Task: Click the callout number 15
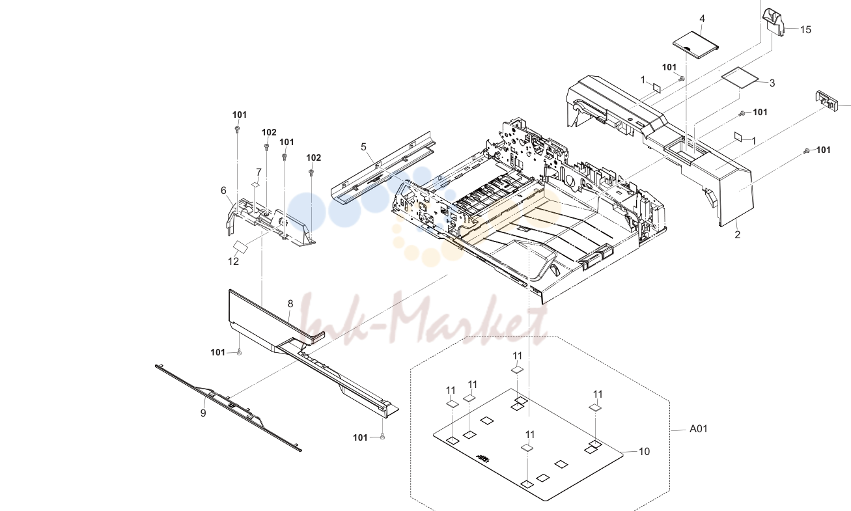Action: click(x=805, y=30)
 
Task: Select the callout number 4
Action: click(x=702, y=19)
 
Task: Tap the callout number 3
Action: click(x=772, y=83)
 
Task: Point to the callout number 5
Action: click(x=363, y=146)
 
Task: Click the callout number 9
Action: click(x=203, y=413)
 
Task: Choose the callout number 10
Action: click(x=645, y=451)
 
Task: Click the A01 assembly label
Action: click(x=698, y=429)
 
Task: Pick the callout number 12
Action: click(x=233, y=262)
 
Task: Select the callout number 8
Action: click(x=290, y=304)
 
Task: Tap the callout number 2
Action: click(x=738, y=235)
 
